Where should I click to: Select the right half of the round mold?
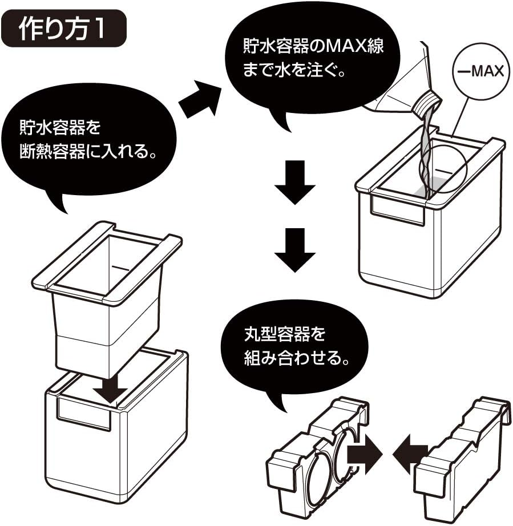pyautogui.click(x=465, y=451)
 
